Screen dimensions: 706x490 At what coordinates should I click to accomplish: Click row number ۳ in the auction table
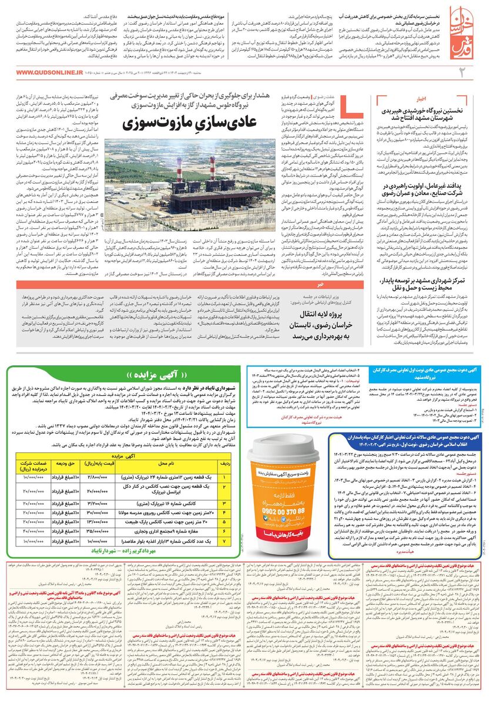(223, 504)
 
